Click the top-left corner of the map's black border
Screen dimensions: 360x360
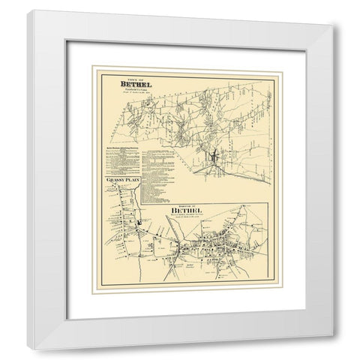coord(94,67)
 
